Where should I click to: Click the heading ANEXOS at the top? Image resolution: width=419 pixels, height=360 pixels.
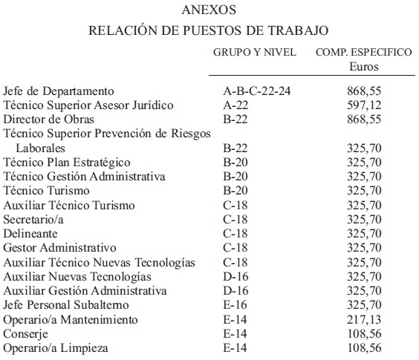pyautogui.click(x=209, y=11)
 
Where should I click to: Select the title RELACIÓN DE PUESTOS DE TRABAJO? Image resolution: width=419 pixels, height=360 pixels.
pyautogui.click(x=209, y=31)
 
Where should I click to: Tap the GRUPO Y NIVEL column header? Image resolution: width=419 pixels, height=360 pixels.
pyautogui.click(x=255, y=53)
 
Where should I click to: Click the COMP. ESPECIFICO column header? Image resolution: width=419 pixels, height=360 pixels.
pyautogui.click(x=364, y=53)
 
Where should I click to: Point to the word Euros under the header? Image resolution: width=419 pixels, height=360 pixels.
pyautogui.click(x=364, y=67)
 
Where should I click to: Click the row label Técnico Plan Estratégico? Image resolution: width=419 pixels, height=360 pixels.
pyautogui.click(x=67, y=163)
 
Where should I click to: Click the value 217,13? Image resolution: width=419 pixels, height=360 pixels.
pyautogui.click(x=364, y=319)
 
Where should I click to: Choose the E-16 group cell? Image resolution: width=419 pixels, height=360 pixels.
pyautogui.click(x=238, y=305)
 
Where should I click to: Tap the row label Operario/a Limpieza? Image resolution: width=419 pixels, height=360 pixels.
pyautogui.click(x=56, y=347)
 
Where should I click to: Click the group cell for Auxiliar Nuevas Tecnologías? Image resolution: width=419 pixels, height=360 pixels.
pyautogui.click(x=238, y=277)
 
